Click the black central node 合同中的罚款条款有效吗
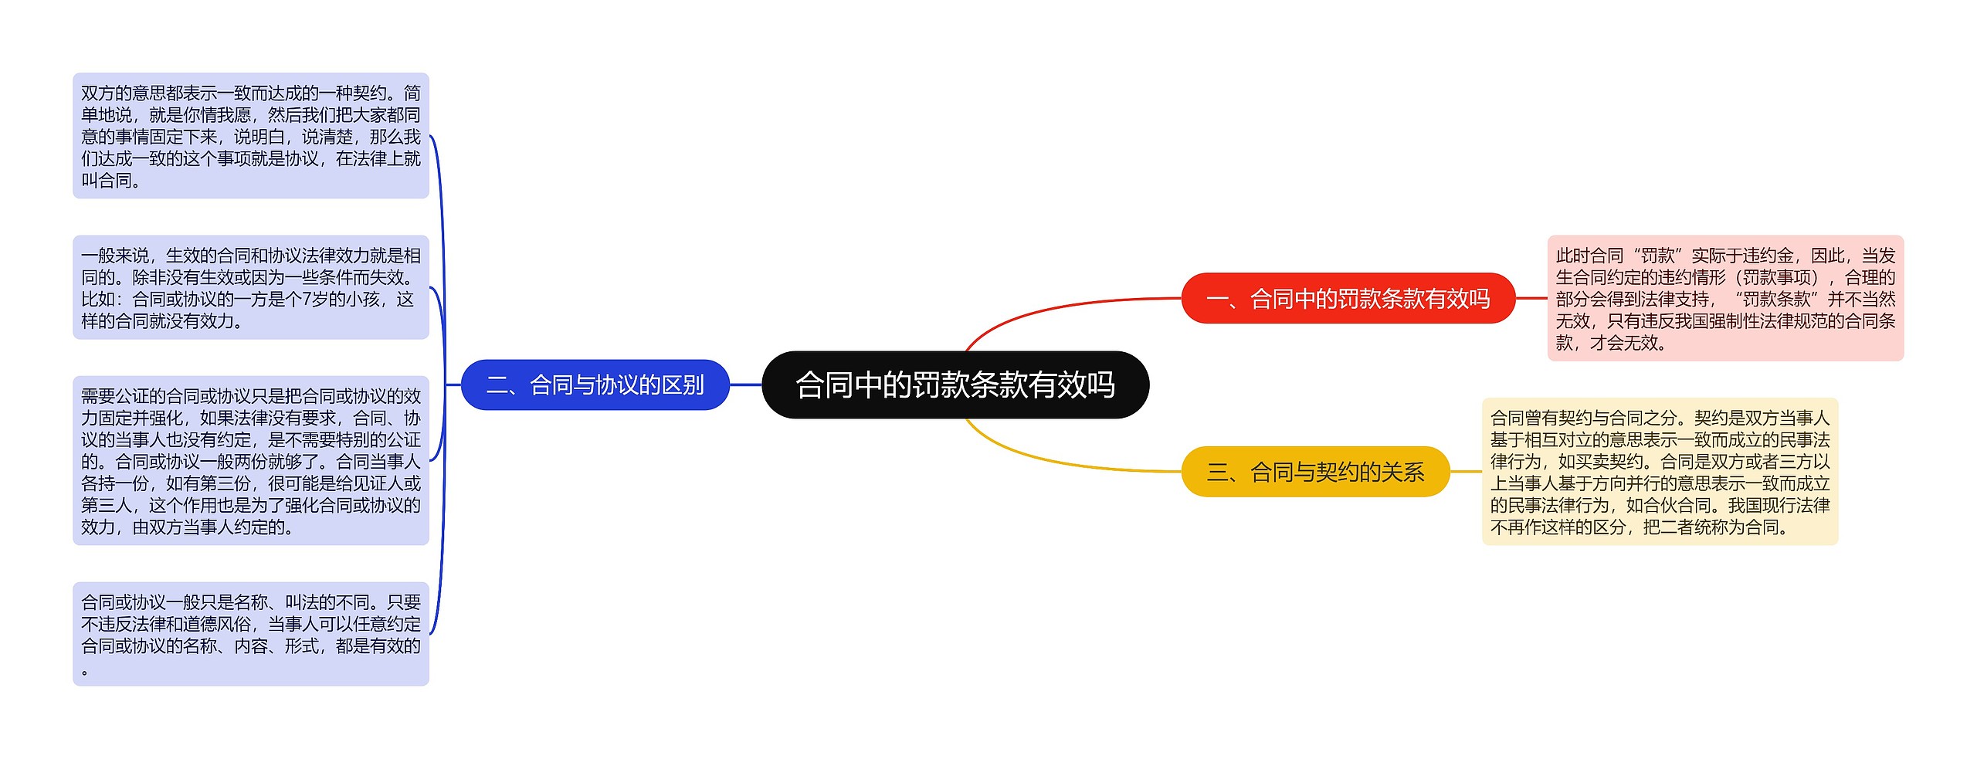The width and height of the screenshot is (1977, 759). (955, 385)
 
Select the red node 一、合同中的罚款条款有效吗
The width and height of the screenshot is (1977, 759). (1348, 298)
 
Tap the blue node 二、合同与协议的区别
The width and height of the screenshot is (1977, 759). (595, 385)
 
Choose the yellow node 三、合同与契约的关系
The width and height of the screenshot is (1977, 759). (1315, 471)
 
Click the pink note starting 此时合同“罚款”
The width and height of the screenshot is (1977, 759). (1724, 298)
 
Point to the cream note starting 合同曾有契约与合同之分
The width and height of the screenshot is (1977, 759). (1660, 471)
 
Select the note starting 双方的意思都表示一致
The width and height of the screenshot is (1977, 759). (250, 136)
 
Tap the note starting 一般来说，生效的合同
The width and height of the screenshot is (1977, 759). (250, 287)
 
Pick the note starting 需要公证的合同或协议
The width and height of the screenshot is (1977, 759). (250, 460)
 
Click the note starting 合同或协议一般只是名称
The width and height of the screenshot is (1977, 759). (250, 633)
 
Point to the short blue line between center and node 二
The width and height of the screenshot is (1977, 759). (745, 385)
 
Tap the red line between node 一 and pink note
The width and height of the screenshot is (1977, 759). (1531, 298)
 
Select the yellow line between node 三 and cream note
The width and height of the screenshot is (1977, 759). (1465, 471)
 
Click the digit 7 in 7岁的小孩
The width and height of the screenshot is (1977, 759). (307, 300)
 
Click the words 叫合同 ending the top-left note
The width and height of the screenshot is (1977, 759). (107, 181)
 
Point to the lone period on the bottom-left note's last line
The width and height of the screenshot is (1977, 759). (85, 671)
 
